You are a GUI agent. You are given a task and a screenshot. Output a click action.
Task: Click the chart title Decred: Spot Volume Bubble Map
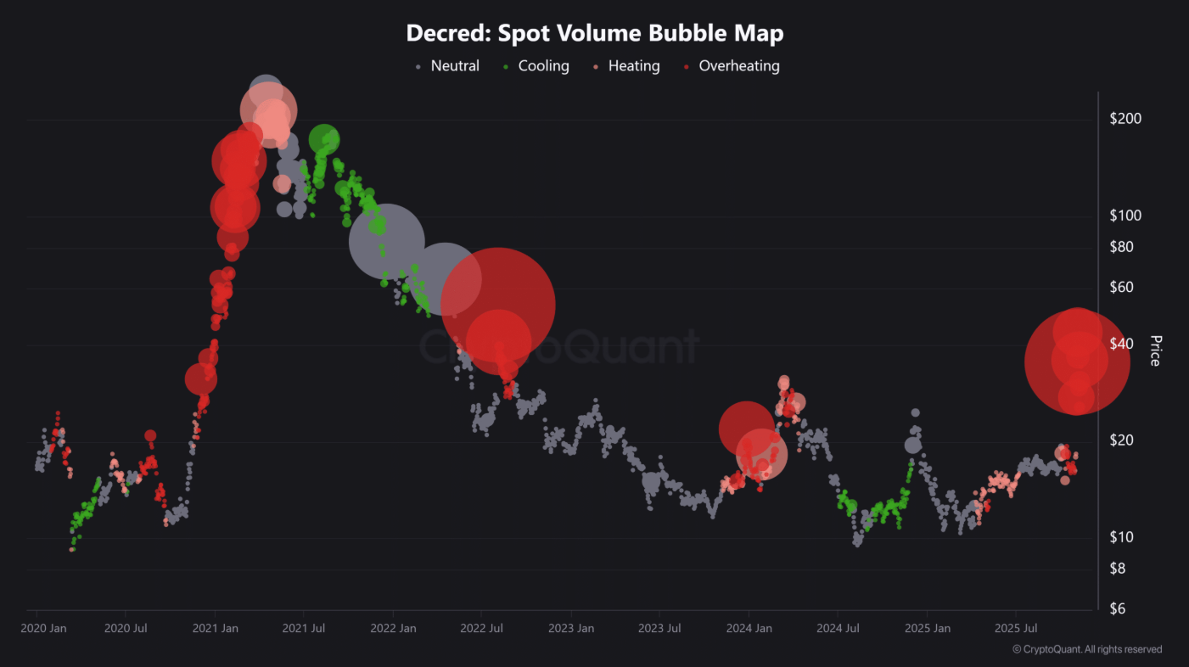[x=594, y=33]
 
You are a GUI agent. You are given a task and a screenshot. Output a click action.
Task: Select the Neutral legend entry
[x=454, y=66]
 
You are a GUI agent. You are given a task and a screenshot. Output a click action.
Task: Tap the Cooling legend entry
[x=543, y=66]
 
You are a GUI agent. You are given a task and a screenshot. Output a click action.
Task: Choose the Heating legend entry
[x=633, y=66]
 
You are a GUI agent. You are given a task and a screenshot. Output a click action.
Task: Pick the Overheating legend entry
[x=738, y=66]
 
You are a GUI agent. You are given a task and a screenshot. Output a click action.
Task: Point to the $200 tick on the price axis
[x=1125, y=119]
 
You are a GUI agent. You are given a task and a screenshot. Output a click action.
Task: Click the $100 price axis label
[x=1125, y=216]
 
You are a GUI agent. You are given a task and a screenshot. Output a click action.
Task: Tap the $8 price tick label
[x=1119, y=568]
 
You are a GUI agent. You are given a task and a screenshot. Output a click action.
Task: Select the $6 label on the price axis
[x=1119, y=608]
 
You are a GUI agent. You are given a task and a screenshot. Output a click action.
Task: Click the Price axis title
[x=1154, y=350]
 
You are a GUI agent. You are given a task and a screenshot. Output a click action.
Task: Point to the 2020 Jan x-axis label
[x=43, y=629]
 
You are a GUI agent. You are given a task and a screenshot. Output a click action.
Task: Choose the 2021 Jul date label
[x=304, y=629]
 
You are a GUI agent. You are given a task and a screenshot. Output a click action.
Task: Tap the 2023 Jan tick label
[x=570, y=629]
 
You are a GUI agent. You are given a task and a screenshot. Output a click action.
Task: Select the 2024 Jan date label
[x=749, y=629]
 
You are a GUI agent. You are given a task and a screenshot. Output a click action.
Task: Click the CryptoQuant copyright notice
[x=1087, y=649]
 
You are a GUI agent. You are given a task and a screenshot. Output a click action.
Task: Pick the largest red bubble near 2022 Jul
[x=498, y=305]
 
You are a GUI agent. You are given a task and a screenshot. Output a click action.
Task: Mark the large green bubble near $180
[x=324, y=139]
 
